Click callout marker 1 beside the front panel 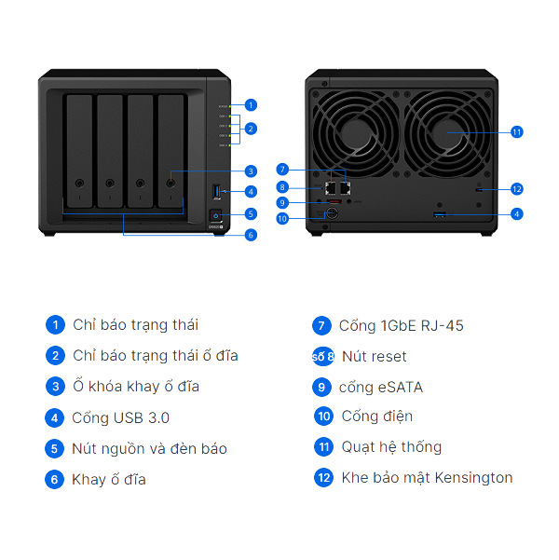click(251, 105)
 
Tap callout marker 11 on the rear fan click(517, 132)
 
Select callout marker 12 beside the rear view click(517, 189)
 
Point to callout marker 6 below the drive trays click(251, 235)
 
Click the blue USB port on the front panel click(217, 192)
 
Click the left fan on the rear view click(360, 130)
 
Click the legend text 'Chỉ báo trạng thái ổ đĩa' click(155, 355)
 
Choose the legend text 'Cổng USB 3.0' click(120, 417)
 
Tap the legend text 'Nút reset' click(374, 356)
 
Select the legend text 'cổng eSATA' click(381, 387)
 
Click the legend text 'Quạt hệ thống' click(391, 446)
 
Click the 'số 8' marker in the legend click(323, 356)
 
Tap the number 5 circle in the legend click(55, 449)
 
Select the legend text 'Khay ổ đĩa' click(108, 480)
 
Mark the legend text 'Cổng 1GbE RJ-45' click(401, 325)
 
